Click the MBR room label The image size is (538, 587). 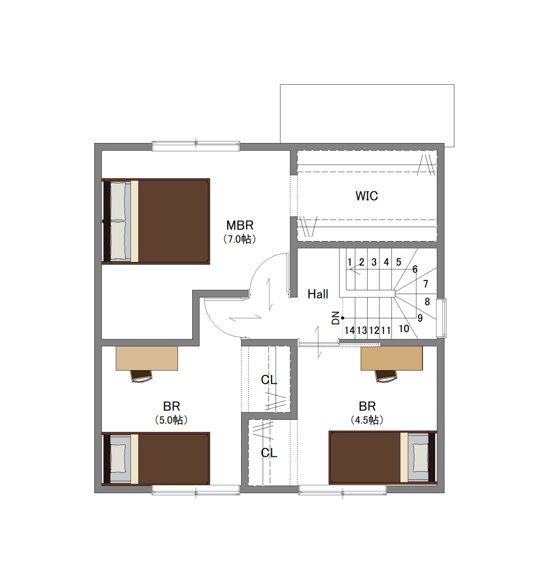coord(240,225)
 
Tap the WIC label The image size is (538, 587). coord(367,196)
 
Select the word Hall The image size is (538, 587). coord(318,294)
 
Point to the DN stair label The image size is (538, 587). coord(335,318)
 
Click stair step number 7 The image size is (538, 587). coord(426,284)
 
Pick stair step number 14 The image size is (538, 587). coord(349,330)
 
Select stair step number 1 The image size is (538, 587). coord(350,262)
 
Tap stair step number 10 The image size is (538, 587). coord(404,328)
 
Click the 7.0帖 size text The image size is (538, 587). coord(240,239)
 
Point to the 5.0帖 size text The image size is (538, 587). coord(171,420)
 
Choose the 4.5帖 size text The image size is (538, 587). coord(367,420)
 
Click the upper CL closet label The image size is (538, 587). coord(269,380)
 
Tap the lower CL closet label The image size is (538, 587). coord(269,453)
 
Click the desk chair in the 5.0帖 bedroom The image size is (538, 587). coord(142,376)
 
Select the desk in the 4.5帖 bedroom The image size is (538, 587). coord(392,358)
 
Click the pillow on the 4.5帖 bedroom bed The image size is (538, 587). coord(420,457)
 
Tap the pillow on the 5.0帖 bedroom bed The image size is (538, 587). coord(118,459)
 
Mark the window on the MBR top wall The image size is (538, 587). coord(196,146)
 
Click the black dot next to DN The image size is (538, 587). coord(342,318)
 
